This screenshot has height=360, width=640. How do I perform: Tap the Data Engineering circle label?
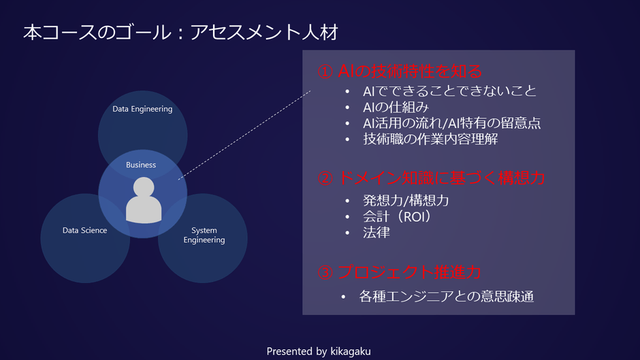coord(142,109)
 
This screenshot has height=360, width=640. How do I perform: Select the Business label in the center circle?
coord(141,165)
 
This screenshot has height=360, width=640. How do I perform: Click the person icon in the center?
coord(144,200)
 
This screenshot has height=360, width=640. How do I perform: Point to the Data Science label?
coord(84,231)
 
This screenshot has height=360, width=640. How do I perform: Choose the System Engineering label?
coord(204,235)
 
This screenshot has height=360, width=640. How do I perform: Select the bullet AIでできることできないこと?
coord(449,91)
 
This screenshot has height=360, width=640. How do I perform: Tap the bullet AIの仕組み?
coord(396,107)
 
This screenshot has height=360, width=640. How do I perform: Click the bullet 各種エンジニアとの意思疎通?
coord(446,297)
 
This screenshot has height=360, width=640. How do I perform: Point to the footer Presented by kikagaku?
coord(319,351)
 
